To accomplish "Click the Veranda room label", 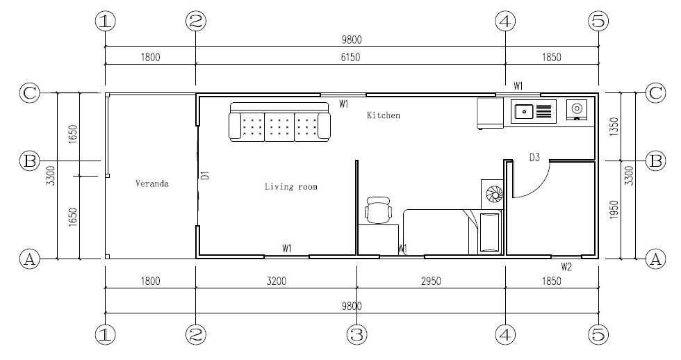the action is click(x=152, y=183).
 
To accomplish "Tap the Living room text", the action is click(x=291, y=187).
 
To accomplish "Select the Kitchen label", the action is click(x=384, y=115).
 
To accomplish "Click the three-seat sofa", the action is click(x=279, y=122).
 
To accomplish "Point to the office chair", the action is click(x=378, y=209).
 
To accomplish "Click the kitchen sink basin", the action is click(x=525, y=112).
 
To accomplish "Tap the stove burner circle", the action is click(x=576, y=108).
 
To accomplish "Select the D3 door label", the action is click(x=534, y=157).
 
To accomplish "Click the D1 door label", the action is click(x=206, y=175).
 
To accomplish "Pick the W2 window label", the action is click(x=566, y=267).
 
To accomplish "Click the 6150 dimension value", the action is click(x=350, y=57).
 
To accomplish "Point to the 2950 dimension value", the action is click(x=431, y=281).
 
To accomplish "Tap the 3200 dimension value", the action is click(x=277, y=281).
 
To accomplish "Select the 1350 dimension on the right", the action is click(x=614, y=126).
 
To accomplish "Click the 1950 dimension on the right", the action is click(x=614, y=209).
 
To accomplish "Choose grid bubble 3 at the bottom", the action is click(x=356, y=334).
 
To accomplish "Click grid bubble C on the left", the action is click(x=29, y=93).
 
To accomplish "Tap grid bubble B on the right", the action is click(x=655, y=161).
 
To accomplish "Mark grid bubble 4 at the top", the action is click(x=505, y=22).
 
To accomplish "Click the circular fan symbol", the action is click(x=494, y=195).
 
